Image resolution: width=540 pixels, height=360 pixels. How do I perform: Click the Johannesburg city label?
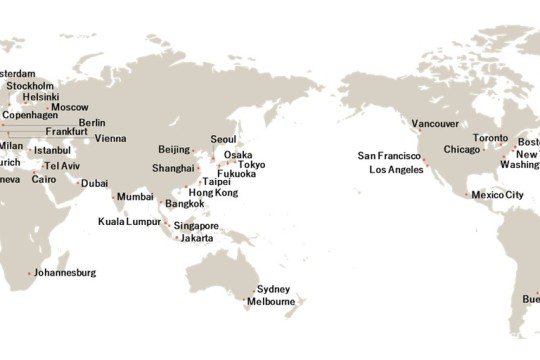tap(64, 272)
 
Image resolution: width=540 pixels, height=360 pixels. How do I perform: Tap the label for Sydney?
tap(273, 288)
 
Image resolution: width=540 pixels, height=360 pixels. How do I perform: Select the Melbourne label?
tap(271, 301)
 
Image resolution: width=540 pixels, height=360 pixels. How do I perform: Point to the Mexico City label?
tap(497, 195)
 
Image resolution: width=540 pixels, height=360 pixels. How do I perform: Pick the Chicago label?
tap(462, 149)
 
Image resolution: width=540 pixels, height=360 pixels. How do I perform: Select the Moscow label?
tap(70, 107)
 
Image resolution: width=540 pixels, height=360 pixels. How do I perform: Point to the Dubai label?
tap(95, 183)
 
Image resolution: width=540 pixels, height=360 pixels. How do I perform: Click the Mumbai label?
tap(135, 197)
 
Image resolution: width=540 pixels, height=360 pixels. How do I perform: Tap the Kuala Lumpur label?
tap(130, 220)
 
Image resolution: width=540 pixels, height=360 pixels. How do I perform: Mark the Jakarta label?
tap(196, 238)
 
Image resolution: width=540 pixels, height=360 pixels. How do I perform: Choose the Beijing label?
tap(174, 149)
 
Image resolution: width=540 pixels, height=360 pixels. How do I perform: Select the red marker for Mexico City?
tap(466, 195)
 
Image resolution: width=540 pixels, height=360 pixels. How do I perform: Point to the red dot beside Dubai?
tap(77, 183)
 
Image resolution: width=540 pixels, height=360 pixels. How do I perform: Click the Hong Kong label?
tap(213, 192)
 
